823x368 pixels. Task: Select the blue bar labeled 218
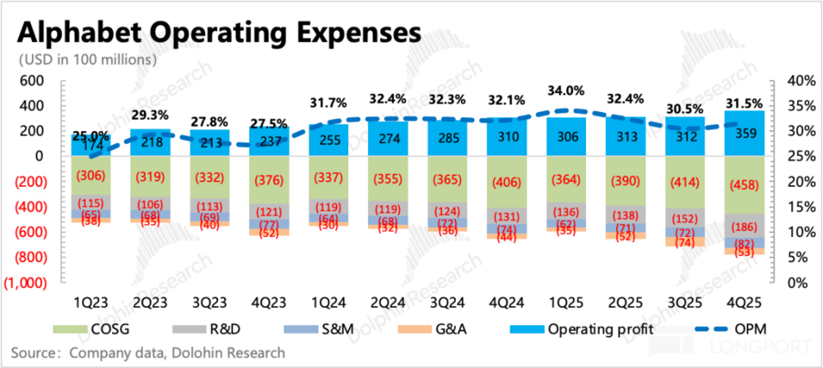click(x=151, y=142)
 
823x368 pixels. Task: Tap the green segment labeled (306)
click(x=91, y=175)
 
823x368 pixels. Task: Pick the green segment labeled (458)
click(x=744, y=184)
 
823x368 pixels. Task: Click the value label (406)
click(x=506, y=184)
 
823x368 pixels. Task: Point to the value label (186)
click(x=744, y=226)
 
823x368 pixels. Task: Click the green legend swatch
click(x=70, y=329)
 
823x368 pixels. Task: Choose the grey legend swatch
click(x=189, y=329)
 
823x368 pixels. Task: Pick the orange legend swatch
click(x=415, y=329)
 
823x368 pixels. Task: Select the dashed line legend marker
click(x=711, y=329)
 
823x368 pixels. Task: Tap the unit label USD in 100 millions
click(x=87, y=60)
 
